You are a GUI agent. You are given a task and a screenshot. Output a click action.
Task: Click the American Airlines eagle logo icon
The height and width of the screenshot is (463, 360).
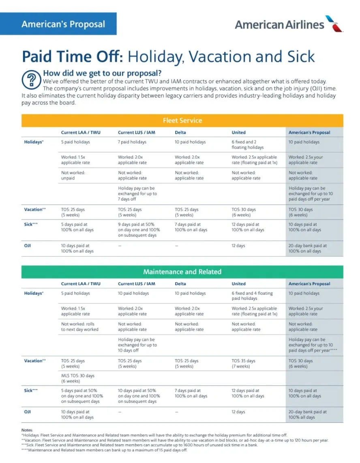point(334,23)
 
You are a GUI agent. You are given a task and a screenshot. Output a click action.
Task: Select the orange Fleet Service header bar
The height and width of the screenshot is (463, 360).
point(182,120)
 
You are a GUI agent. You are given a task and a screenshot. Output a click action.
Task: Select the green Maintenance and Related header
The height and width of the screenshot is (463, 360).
point(182,271)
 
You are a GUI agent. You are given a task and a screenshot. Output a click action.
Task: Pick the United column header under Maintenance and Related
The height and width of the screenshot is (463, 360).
point(238,284)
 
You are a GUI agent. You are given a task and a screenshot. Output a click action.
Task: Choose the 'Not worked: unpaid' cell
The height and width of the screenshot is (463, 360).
point(73,175)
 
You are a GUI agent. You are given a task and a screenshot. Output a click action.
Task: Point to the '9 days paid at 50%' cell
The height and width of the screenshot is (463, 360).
point(139,230)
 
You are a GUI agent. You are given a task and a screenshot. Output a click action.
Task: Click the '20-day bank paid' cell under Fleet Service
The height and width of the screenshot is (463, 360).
point(307,248)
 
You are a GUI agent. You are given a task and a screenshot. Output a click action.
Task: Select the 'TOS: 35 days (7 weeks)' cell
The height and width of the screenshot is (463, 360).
point(243,363)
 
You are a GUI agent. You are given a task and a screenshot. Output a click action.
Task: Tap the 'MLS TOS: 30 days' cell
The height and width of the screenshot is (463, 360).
point(77,378)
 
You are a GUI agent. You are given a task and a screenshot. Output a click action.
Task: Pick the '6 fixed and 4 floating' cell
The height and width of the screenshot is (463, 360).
point(252,296)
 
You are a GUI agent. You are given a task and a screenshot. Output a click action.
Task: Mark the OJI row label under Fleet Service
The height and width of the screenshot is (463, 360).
point(28,245)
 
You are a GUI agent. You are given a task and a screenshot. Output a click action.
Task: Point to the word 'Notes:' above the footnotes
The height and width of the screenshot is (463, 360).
point(27,430)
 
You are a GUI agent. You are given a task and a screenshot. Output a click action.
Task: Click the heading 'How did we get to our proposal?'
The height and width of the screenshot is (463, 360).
point(102,73)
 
